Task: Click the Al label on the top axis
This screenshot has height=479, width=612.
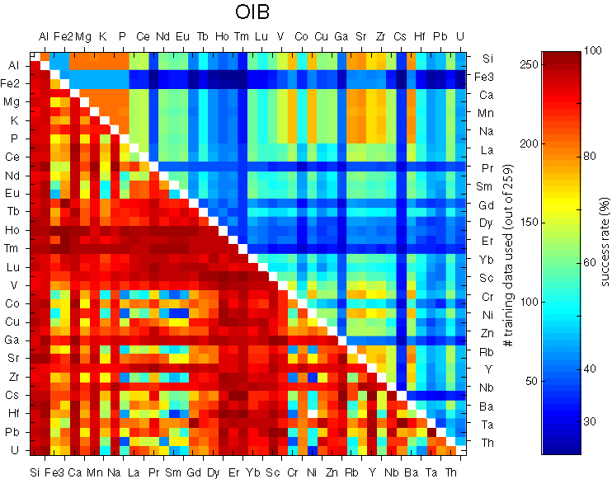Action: (x=44, y=36)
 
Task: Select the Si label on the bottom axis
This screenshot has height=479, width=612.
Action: (x=35, y=472)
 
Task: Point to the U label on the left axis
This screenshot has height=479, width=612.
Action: (x=13, y=450)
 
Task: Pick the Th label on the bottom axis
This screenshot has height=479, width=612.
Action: (x=450, y=472)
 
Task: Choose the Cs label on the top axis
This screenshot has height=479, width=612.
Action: (x=400, y=36)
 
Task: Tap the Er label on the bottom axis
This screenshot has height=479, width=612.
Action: (x=233, y=472)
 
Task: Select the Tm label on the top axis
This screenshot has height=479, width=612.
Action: (x=241, y=36)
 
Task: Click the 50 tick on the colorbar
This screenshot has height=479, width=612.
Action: (x=529, y=381)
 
